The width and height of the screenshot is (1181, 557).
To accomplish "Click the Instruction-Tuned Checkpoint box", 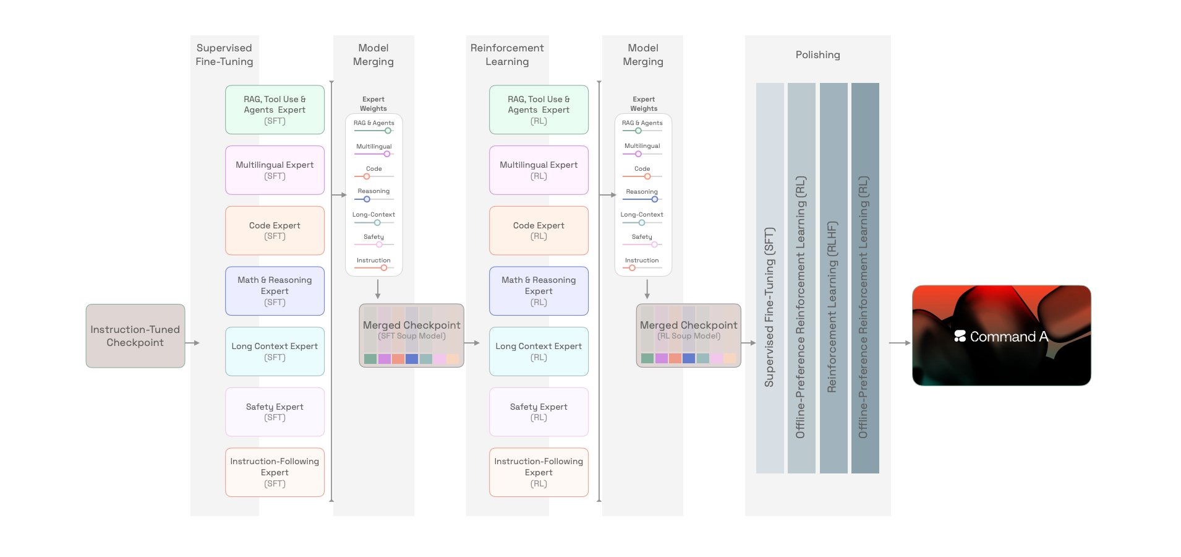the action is pos(135,336).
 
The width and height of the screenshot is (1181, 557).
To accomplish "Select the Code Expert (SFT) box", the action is pos(275,231).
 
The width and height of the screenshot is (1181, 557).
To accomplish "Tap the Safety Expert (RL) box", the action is pos(539,412).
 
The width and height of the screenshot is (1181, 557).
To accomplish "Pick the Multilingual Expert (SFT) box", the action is pos(275,170).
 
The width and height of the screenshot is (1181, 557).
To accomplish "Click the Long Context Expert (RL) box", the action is pos(539,352).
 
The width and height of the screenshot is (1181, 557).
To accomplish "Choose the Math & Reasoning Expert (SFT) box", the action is pos(275,291).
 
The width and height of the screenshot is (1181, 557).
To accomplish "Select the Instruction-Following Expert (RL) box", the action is pos(539,472).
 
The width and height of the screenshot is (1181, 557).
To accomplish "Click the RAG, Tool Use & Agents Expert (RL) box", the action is pos(539,110).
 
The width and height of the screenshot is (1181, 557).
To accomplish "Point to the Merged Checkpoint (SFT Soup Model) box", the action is pos(412,335).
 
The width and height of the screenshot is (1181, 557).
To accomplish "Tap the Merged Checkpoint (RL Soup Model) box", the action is pos(689,335).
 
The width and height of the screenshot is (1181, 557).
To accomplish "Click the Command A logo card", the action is pos(1002,335).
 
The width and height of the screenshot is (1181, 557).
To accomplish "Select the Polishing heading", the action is pos(817,54).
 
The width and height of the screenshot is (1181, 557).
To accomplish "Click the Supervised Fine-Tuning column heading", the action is pos(224,54).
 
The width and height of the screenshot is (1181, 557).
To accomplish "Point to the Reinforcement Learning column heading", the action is pos(507,54).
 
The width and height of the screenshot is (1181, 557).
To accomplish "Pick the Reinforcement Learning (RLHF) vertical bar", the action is pos(834,278).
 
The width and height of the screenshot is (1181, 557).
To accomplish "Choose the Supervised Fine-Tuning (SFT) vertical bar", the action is pos(770,278).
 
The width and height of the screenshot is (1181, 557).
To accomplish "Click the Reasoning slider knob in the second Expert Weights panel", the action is pos(655,199).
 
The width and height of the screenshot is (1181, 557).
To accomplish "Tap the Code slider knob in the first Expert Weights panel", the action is pos(367,176).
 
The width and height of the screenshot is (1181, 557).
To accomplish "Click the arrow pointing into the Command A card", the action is pos(900,343).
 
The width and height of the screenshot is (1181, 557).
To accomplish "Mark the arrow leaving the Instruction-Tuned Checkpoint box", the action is pos(192,343).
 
